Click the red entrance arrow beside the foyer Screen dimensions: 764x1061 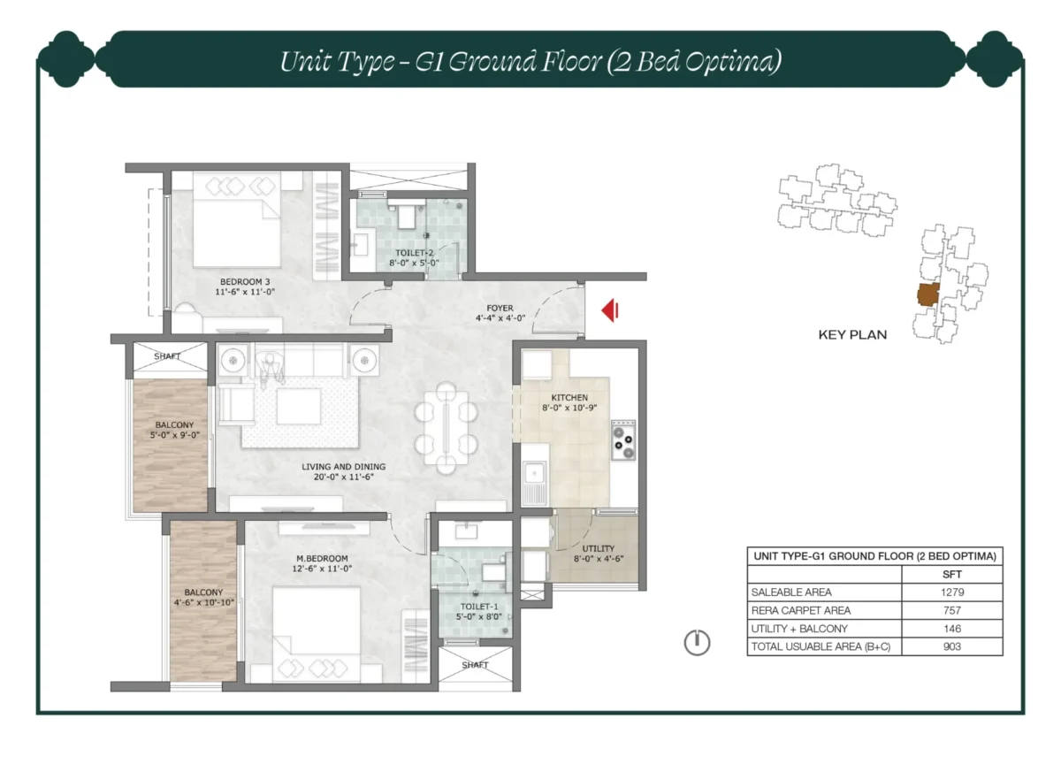click(609, 310)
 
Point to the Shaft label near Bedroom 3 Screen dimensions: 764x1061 click(167, 356)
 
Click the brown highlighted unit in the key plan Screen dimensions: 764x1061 click(927, 295)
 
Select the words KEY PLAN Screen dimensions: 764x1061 click(852, 335)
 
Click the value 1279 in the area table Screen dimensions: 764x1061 click(951, 592)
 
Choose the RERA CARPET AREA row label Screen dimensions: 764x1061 click(800, 611)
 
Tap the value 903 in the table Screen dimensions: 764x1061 click(951, 646)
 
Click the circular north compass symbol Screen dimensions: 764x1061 click(697, 643)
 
